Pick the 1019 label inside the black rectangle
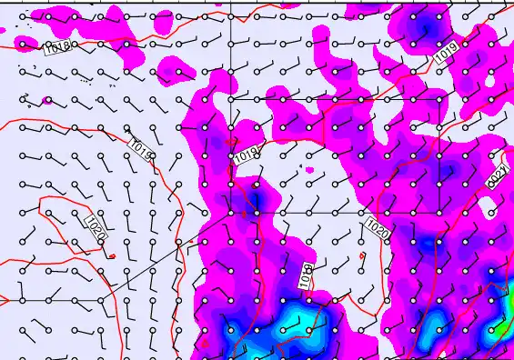point(247,156)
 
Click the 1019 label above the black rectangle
point(446,55)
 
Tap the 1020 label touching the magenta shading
point(378,228)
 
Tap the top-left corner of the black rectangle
point(230,98)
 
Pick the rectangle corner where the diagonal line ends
point(230,214)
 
